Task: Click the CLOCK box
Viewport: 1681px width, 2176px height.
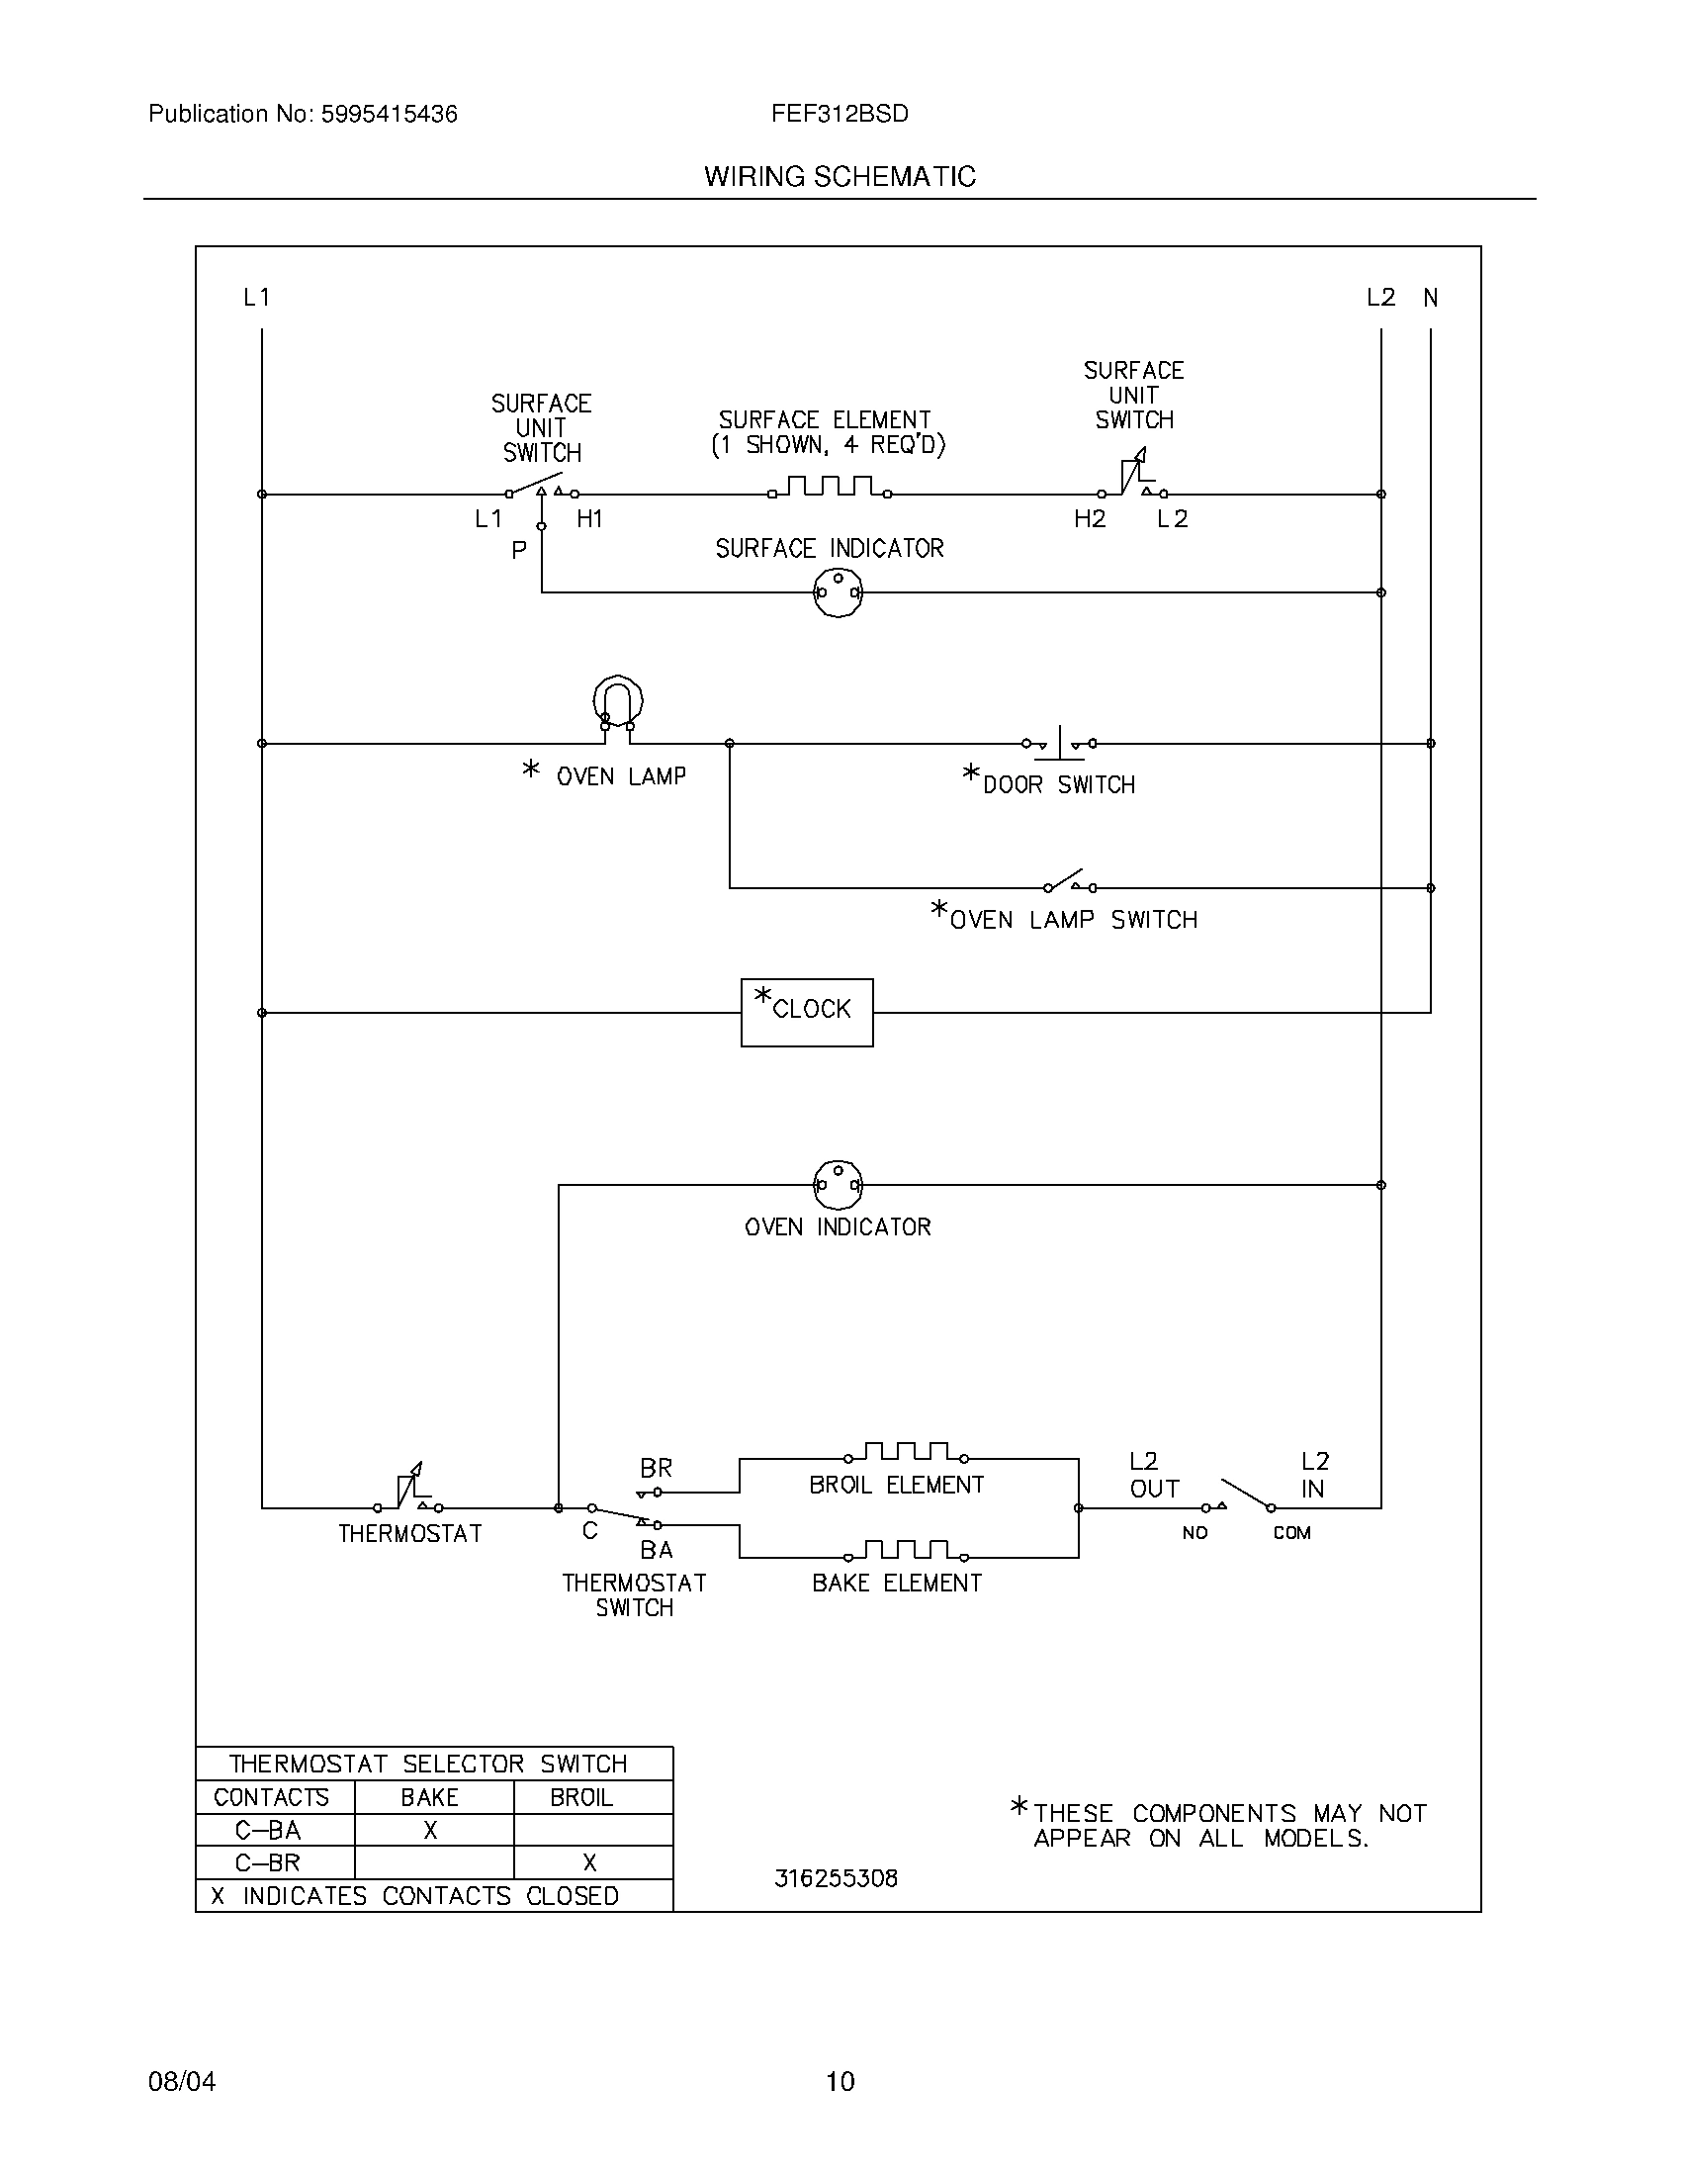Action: tap(807, 1012)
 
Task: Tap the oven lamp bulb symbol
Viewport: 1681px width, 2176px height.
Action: tap(617, 702)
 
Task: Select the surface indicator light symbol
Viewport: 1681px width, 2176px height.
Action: tap(838, 592)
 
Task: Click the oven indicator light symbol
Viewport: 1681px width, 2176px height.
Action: tap(838, 1185)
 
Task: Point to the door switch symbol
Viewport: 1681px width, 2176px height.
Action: tap(1060, 743)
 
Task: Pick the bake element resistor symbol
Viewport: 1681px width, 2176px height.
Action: tap(905, 1551)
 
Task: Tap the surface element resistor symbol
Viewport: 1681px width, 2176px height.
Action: tap(829, 488)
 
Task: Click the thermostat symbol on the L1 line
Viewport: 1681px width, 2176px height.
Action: tap(408, 1492)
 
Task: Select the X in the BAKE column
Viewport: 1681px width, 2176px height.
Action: tap(430, 1830)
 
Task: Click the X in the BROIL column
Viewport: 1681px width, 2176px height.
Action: tap(589, 1863)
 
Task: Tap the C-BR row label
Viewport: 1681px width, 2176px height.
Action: tap(268, 1863)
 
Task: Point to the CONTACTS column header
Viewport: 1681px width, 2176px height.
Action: tap(271, 1797)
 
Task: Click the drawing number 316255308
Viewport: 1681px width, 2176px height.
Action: tap(836, 1878)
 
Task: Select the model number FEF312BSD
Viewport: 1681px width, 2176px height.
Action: tap(839, 114)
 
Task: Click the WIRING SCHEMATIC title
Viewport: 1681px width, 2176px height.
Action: tap(840, 176)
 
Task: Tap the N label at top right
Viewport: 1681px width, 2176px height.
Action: tap(1430, 297)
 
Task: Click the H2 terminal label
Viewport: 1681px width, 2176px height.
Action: tap(1090, 519)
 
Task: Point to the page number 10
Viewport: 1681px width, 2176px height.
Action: tap(840, 2081)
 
